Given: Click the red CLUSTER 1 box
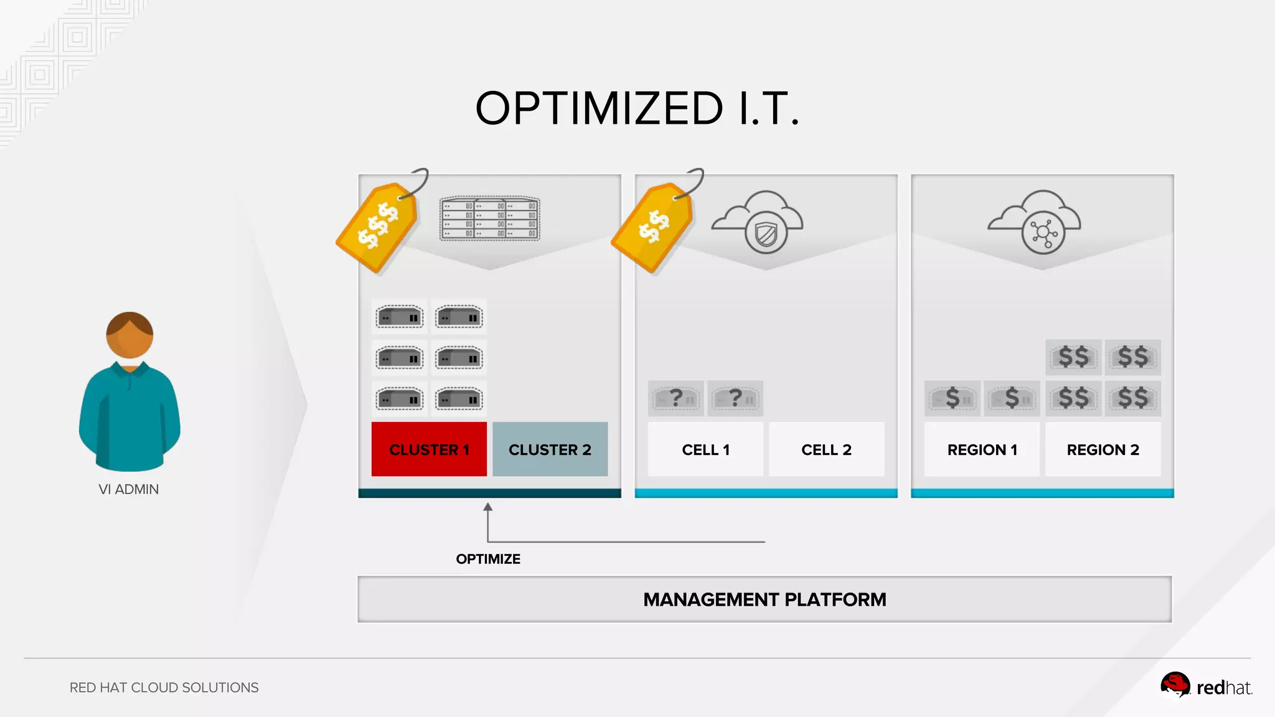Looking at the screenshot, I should click(429, 449).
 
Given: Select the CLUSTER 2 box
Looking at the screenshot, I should click(550, 449).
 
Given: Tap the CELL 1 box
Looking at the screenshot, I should click(705, 449).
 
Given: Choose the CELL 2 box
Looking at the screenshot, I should click(826, 449).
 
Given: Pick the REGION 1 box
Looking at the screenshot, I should click(982, 449).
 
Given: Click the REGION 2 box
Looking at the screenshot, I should click(1103, 449).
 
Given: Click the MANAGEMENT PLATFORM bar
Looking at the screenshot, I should click(765, 599).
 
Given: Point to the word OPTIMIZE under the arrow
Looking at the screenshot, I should click(488, 559).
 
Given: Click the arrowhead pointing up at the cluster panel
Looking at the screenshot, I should click(488, 507).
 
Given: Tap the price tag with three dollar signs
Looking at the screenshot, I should click(378, 226).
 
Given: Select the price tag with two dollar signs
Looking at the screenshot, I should click(653, 226).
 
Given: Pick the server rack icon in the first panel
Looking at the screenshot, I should click(490, 218).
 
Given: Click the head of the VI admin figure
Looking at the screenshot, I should click(129, 335).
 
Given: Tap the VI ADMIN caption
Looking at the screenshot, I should click(129, 489).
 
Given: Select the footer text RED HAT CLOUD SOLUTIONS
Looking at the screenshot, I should click(164, 688).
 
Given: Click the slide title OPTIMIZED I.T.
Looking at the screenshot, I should click(637, 108).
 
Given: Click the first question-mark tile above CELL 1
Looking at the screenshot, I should click(675, 398).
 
